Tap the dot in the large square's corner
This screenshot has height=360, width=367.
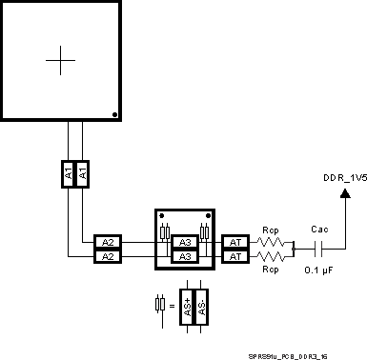pyautogui.click(x=114, y=114)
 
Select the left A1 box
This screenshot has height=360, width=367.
pyautogui.click(x=68, y=173)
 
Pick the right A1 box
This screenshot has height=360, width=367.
pyautogui.click(x=82, y=173)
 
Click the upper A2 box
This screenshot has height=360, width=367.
pyautogui.click(x=108, y=242)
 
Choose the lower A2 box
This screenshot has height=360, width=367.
pyautogui.click(x=108, y=256)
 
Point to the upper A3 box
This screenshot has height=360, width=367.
pyautogui.click(x=184, y=242)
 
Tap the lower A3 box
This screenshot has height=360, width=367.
pyautogui.click(x=184, y=256)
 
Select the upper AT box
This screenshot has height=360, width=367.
pyautogui.click(x=234, y=242)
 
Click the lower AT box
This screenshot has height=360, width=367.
pyautogui.click(x=234, y=256)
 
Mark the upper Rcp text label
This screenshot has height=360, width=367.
pyautogui.click(x=270, y=230)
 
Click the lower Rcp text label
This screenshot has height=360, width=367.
pyautogui.click(x=270, y=270)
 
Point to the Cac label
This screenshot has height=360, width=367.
pyautogui.click(x=319, y=229)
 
